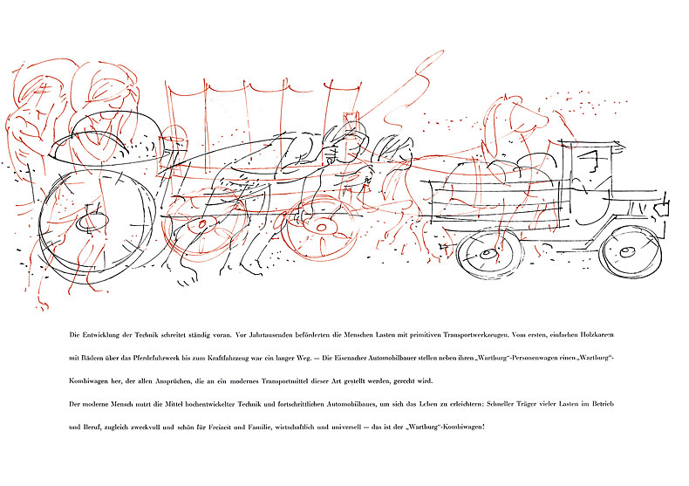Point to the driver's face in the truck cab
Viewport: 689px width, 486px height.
coord(591,161)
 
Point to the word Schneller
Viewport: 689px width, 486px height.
coord(501,404)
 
